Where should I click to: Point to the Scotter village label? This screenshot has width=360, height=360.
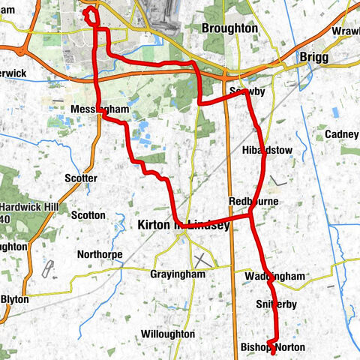[x=81, y=178]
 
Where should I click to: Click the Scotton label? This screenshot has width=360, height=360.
[x=88, y=214]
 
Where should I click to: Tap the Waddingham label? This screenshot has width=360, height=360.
[x=274, y=277]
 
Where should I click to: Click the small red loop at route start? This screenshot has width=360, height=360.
[x=91, y=14]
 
